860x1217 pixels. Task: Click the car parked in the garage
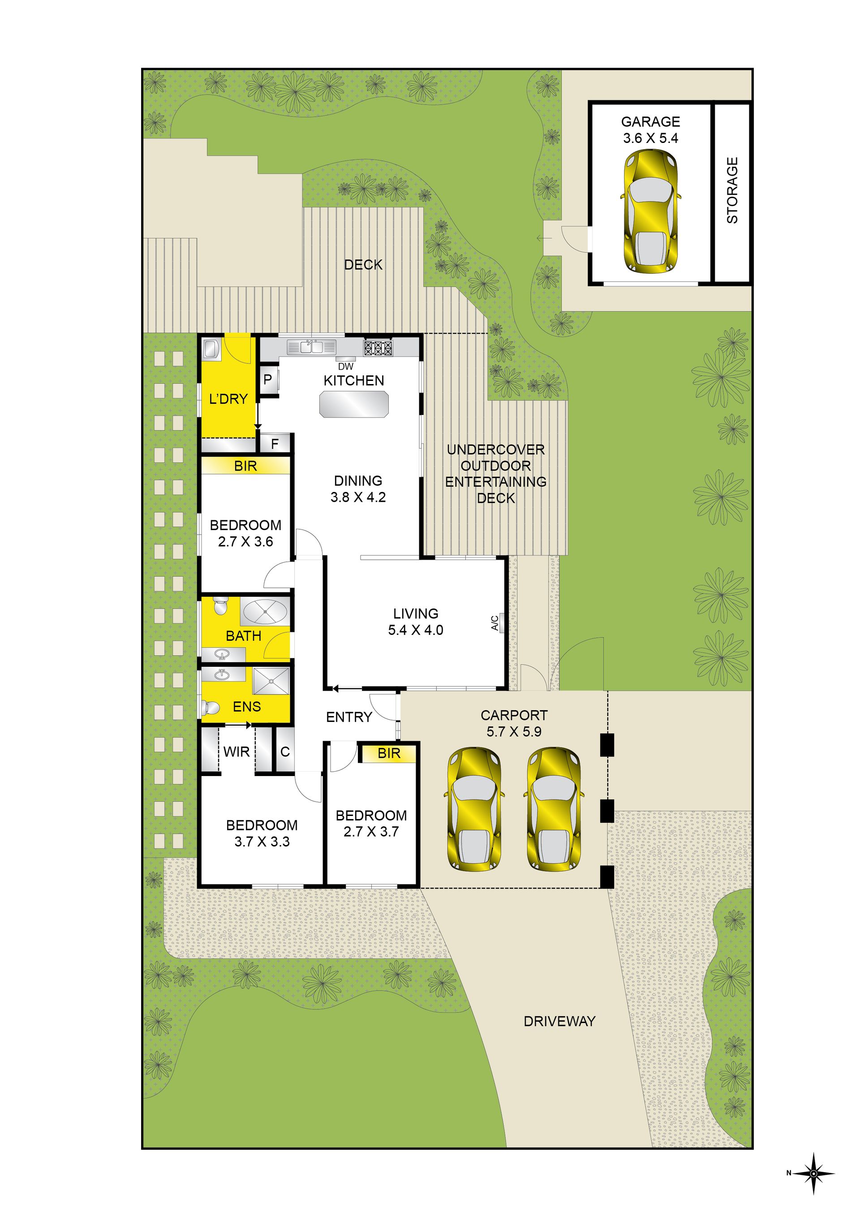click(650, 211)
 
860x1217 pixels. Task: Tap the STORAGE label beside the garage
click(732, 190)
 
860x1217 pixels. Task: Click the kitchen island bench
click(353, 404)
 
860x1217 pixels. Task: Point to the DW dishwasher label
click(345, 366)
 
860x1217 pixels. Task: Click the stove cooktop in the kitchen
click(378, 348)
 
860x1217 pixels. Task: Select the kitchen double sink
click(312, 347)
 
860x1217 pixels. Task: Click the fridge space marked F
click(275, 444)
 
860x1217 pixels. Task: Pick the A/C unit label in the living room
click(494, 623)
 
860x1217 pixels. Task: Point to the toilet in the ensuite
click(211, 708)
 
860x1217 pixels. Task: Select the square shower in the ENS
click(271, 681)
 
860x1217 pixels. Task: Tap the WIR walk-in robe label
click(236, 751)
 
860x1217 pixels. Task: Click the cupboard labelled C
click(284, 751)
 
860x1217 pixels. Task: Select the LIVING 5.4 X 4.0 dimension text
click(415, 622)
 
